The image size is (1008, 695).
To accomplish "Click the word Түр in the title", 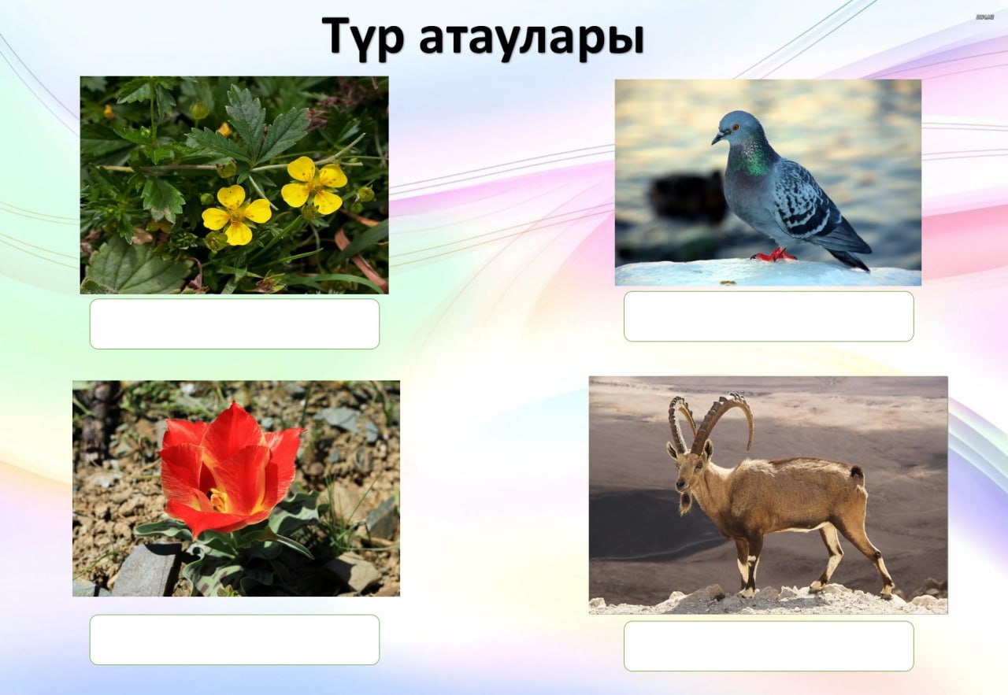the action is pyautogui.click(x=362, y=37).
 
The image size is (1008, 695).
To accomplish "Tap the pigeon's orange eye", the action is pyautogui.click(x=736, y=128).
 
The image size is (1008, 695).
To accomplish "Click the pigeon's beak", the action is pyautogui.click(x=717, y=138).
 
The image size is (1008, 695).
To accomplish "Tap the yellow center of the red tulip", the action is pyautogui.click(x=220, y=498).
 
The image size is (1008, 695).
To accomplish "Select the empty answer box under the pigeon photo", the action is pyautogui.click(x=769, y=316).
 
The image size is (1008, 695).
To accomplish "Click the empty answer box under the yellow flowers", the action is pyautogui.click(x=235, y=323).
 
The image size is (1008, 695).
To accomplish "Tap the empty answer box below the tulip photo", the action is pyautogui.click(x=235, y=640).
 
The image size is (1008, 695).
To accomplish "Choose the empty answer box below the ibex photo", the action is pyautogui.click(x=769, y=646).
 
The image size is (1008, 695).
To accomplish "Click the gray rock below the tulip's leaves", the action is pyautogui.click(x=146, y=571).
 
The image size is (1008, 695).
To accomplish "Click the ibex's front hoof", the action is pyautogui.click(x=747, y=593).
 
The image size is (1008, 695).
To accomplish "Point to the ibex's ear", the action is pyautogui.click(x=708, y=449).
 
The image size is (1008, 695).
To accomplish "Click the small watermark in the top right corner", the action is pyautogui.click(x=984, y=17).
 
